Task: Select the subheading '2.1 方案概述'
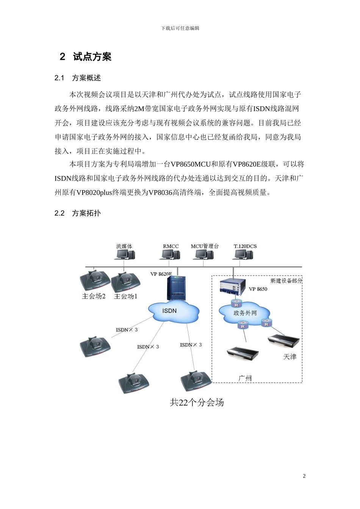[78, 78]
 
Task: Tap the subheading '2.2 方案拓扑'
[78, 213]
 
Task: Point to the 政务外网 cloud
[245, 313]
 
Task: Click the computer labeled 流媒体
[125, 255]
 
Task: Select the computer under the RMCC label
[170, 255]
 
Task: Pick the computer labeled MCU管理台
[203, 255]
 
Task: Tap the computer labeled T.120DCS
[243, 255]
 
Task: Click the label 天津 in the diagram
[290, 357]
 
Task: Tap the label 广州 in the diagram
[245, 378]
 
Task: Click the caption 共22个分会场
[197, 402]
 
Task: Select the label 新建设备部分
[286, 281]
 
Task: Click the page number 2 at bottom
[304, 476]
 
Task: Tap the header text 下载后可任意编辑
[180, 28]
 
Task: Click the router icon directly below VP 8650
[236, 304]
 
